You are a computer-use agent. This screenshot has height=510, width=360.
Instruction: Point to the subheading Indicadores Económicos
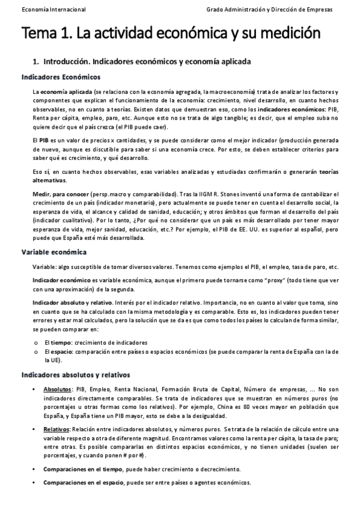[x=61, y=78]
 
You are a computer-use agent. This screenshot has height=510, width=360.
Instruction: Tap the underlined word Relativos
[x=56, y=429]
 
